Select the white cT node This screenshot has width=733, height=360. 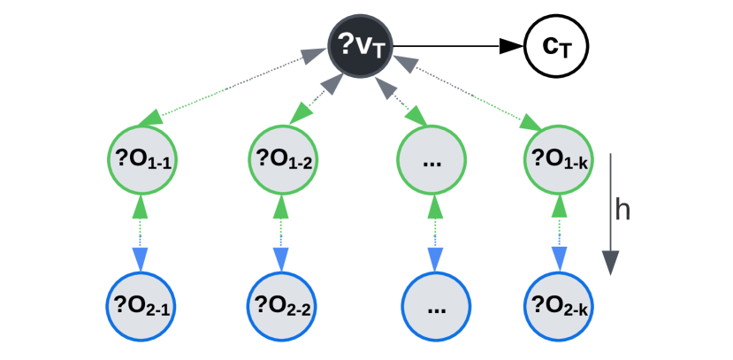coord(557,43)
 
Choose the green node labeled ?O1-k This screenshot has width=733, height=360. coord(558,160)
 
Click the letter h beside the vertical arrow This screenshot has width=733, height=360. coord(623,210)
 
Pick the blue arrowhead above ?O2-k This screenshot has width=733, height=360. coord(558,258)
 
